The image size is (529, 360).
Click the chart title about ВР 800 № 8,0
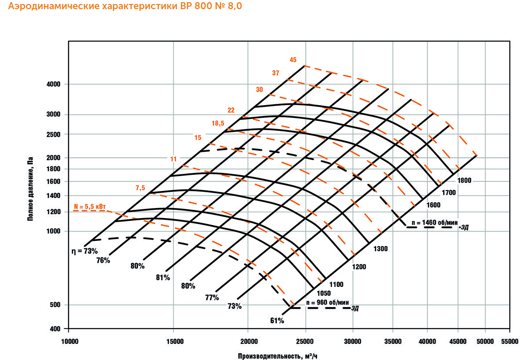124,7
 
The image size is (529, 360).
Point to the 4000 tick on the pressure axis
55,84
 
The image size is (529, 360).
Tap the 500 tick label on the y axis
57,305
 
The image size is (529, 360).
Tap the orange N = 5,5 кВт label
90,205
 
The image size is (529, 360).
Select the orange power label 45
293,60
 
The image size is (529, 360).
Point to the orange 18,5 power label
218,124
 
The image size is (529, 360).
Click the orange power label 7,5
140,188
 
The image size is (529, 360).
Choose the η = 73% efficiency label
85,251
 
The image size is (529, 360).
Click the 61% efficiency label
277,321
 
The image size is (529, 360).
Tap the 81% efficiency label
162,277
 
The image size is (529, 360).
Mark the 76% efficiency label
103,260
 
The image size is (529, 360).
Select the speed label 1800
464,180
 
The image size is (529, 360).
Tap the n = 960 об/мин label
328,303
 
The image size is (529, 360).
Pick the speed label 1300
380,249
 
